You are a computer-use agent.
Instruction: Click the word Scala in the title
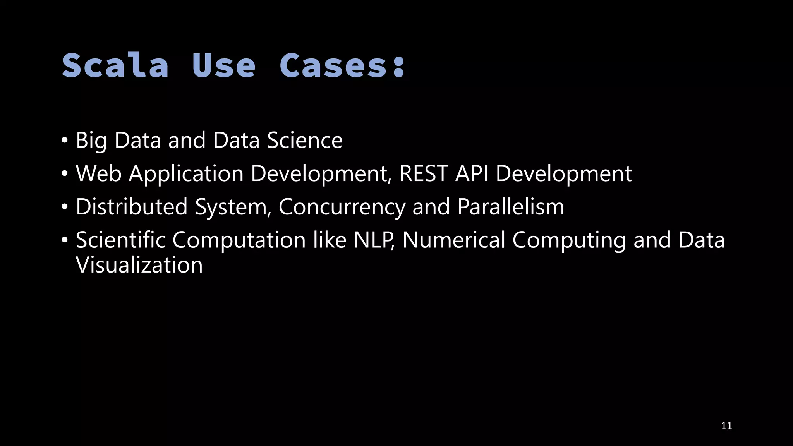tap(115, 65)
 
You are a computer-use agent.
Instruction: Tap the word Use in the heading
tap(224, 65)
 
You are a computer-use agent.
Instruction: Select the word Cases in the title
tap(334, 65)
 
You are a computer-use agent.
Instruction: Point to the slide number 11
tap(726, 426)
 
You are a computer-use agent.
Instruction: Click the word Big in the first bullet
tap(91, 140)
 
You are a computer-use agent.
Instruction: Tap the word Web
tap(99, 173)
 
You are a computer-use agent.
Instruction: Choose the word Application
tap(186, 173)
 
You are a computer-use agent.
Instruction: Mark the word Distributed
tap(132, 207)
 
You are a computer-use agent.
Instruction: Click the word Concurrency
tap(342, 207)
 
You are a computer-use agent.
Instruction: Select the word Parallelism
tap(511, 207)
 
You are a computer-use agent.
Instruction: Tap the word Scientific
tap(121, 240)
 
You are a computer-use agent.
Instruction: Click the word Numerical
tap(454, 240)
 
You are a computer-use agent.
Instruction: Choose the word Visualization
tap(139, 265)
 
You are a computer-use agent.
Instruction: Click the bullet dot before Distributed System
tap(65, 207)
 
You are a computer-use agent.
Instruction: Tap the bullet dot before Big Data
tap(65, 140)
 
